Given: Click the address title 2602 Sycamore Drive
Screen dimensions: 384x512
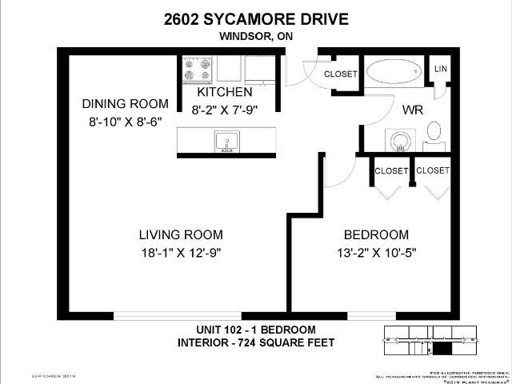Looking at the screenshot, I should (x=255, y=18).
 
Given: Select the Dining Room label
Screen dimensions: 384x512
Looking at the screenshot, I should (x=126, y=103).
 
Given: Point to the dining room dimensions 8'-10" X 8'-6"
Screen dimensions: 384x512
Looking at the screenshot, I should (x=126, y=122).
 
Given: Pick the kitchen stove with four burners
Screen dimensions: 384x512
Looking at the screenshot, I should (x=198, y=70).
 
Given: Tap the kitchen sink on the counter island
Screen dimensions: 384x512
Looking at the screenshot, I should (x=226, y=142).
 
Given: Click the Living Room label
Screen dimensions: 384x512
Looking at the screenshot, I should (x=180, y=234).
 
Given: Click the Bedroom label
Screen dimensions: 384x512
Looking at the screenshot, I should (x=376, y=234).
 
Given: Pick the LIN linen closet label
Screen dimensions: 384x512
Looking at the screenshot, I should (x=440, y=70).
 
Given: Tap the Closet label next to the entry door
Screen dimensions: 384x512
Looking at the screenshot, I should (x=340, y=74).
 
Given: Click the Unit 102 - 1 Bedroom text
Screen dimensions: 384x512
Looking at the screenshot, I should (x=256, y=330).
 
